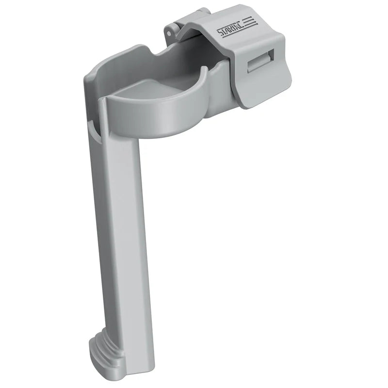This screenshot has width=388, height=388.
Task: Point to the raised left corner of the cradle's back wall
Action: [x=92, y=73]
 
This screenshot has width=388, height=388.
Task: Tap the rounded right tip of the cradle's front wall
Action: [x=205, y=73]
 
